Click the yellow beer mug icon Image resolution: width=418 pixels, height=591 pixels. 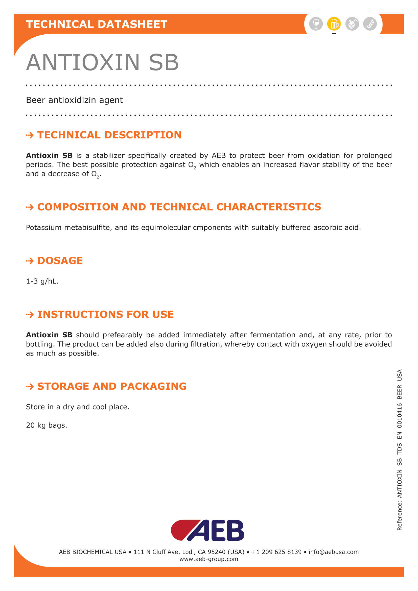(x=334, y=24)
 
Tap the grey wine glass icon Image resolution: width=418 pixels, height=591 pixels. (x=316, y=24)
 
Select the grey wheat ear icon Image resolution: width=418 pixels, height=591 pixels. (x=370, y=24)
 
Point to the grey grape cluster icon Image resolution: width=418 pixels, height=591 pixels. (x=352, y=24)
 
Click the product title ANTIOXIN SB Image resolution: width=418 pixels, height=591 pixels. (x=102, y=62)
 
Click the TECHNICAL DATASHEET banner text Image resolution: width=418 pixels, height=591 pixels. (x=97, y=24)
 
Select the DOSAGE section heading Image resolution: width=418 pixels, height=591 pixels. (x=60, y=261)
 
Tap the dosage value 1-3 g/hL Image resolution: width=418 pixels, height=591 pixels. (x=42, y=281)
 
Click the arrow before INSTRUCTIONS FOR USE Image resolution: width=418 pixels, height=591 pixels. (x=30, y=315)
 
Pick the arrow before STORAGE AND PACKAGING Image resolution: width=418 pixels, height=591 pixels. (x=30, y=386)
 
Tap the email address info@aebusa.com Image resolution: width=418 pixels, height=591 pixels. (x=334, y=552)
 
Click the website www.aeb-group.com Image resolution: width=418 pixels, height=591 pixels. (x=209, y=559)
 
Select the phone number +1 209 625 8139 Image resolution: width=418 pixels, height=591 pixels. (x=276, y=552)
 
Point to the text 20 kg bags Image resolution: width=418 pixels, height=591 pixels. (x=46, y=425)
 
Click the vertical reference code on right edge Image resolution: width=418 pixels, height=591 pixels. (x=399, y=450)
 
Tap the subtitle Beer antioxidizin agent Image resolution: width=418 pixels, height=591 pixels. (x=74, y=100)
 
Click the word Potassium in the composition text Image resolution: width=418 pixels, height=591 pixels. (x=43, y=228)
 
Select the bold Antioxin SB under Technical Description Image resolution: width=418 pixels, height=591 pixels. (x=49, y=155)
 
